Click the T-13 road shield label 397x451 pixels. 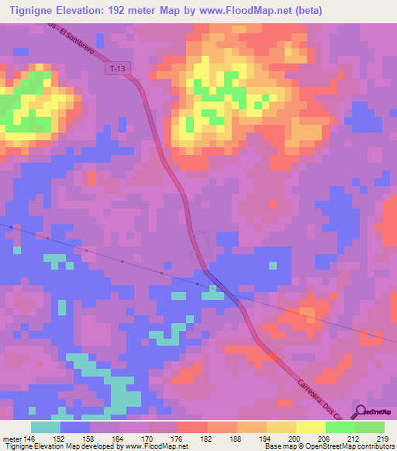117,69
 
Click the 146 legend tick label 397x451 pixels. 29,437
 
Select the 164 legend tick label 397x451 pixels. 119,437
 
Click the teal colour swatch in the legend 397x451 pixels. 46,427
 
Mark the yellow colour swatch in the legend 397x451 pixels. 311,427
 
